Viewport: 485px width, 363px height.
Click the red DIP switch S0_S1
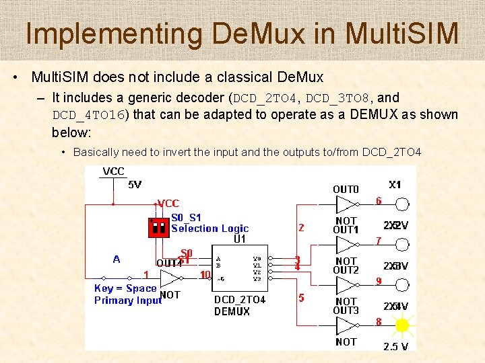point(159,227)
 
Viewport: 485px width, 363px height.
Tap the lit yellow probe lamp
point(403,326)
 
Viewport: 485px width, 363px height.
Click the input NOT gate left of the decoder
point(171,278)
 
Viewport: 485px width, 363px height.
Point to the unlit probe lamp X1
point(403,204)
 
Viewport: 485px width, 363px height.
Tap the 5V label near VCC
point(135,184)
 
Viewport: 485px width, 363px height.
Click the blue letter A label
point(117,259)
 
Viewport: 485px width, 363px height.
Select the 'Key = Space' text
point(125,288)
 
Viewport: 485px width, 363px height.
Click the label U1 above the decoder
point(240,239)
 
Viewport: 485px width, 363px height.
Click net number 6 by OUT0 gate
point(379,200)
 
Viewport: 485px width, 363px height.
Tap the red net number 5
point(301,297)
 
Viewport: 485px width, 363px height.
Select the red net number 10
point(205,274)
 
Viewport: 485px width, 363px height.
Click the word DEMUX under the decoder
point(232,311)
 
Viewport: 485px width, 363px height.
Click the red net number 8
point(379,322)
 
